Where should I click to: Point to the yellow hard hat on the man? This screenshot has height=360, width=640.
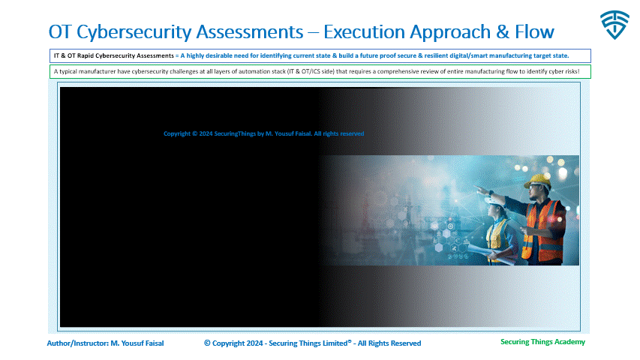(x=540, y=181)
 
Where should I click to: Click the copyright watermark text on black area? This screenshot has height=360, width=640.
(x=263, y=133)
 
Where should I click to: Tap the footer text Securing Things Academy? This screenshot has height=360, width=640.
(x=542, y=342)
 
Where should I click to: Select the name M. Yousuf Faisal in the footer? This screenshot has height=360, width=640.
(x=137, y=343)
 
